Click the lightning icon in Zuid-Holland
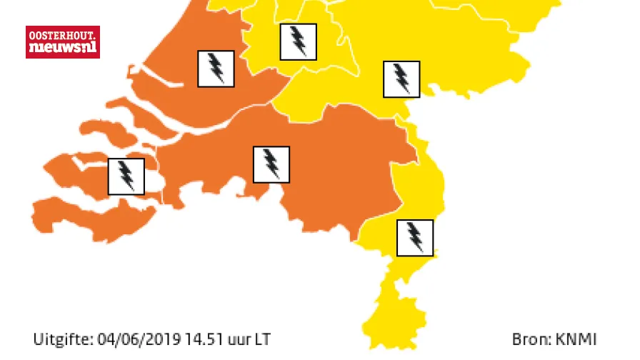pyautogui.click(x=215, y=69)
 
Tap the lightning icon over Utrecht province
pyautogui.click(x=298, y=41)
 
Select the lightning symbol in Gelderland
pyautogui.click(x=401, y=79)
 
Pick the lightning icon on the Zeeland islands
pyautogui.click(x=126, y=176)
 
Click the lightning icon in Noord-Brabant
pyautogui.click(x=271, y=164)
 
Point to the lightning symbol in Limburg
pyautogui.click(x=415, y=238)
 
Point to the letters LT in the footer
pyautogui.click(x=262, y=339)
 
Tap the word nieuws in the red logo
pyautogui.click(x=56, y=49)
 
